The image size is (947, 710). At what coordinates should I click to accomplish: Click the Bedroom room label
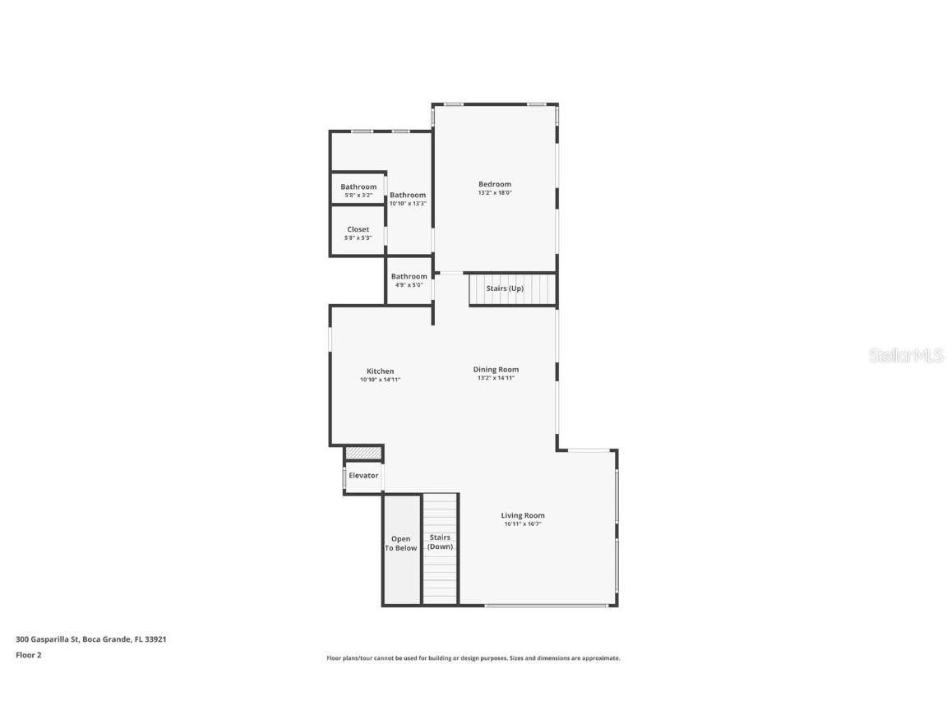point(495,184)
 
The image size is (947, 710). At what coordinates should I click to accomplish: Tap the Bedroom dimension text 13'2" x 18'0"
point(495,193)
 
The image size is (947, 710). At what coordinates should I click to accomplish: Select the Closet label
point(358,229)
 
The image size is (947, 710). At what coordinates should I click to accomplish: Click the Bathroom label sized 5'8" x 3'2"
point(358,187)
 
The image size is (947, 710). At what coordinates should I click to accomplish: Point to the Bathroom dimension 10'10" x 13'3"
point(408,204)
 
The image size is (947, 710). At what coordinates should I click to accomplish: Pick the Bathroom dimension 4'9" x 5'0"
point(409,285)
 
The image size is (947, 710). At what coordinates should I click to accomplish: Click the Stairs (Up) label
point(505,288)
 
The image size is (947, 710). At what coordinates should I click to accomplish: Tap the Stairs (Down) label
point(440,542)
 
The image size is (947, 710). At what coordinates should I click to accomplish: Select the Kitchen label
point(380,371)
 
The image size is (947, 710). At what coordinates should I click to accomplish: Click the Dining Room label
point(496,369)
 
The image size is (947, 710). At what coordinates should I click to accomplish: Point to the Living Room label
point(523,515)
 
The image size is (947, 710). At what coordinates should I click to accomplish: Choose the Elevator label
point(363,475)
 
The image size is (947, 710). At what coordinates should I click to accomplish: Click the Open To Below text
point(401,543)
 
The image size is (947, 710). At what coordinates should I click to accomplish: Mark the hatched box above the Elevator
point(363,453)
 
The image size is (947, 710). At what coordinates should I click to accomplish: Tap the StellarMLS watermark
point(907,356)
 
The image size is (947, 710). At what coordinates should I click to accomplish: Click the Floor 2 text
point(28,655)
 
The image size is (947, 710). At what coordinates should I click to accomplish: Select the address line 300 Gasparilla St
point(91,639)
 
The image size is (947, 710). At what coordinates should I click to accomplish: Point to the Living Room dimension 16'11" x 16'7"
point(523,524)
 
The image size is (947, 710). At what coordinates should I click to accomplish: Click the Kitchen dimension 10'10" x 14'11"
point(380,380)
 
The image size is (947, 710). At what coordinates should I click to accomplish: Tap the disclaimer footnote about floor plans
point(473,658)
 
